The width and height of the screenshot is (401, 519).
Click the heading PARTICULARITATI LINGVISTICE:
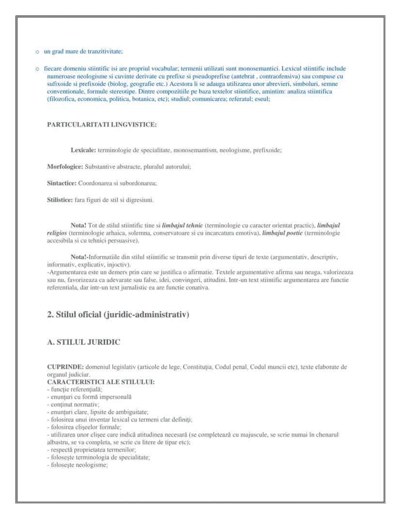point(102,125)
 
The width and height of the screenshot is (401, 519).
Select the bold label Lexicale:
point(83,150)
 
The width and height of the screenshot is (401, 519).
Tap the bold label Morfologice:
point(65,167)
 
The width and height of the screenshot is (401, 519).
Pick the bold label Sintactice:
point(62,183)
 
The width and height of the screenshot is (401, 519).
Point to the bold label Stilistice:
point(60,200)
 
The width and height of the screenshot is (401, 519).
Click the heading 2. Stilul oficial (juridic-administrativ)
point(118,315)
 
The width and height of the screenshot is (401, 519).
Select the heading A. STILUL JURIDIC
point(83,342)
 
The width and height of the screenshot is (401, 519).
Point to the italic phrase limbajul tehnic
point(182,225)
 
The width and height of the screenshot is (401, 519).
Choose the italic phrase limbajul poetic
point(282,233)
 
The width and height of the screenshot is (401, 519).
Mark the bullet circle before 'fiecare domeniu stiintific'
point(37,69)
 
